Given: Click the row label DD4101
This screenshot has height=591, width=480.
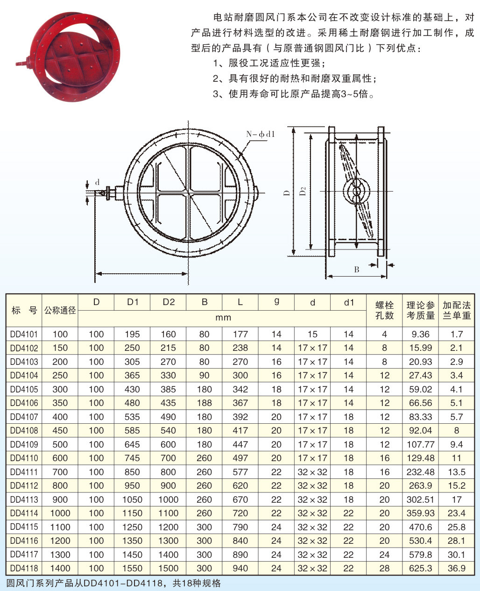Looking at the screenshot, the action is click(24, 334).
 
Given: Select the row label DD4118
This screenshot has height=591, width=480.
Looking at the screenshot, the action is click(24, 568).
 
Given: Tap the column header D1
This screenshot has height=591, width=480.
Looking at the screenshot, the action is click(132, 302).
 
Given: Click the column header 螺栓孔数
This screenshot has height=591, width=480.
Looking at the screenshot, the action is click(384, 310).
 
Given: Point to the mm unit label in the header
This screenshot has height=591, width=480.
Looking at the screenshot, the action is click(223, 318).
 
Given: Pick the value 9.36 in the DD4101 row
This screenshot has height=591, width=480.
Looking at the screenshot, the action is click(420, 334).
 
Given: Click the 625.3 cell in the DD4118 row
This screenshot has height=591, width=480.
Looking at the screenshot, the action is click(420, 568).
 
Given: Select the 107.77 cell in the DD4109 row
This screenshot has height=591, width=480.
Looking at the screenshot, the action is click(420, 444).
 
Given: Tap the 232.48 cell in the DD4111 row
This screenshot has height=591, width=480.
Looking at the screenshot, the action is click(420, 472).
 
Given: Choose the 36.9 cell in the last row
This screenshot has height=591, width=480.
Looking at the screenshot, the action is click(457, 568).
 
